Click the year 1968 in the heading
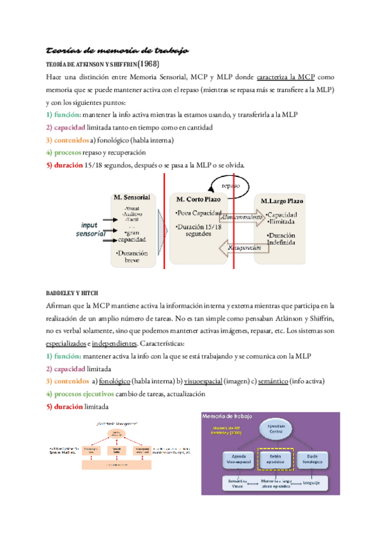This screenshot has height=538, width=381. pos(148,64)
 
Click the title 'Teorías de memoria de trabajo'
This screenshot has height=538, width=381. pos(117,50)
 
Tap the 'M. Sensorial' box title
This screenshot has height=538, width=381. pos(131,197)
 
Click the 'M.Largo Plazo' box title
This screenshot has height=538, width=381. pos(283,201)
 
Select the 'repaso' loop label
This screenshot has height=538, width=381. pos(232,186)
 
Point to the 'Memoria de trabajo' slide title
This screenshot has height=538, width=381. pos(234,417)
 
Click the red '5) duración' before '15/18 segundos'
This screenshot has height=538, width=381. pos(64,166)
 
